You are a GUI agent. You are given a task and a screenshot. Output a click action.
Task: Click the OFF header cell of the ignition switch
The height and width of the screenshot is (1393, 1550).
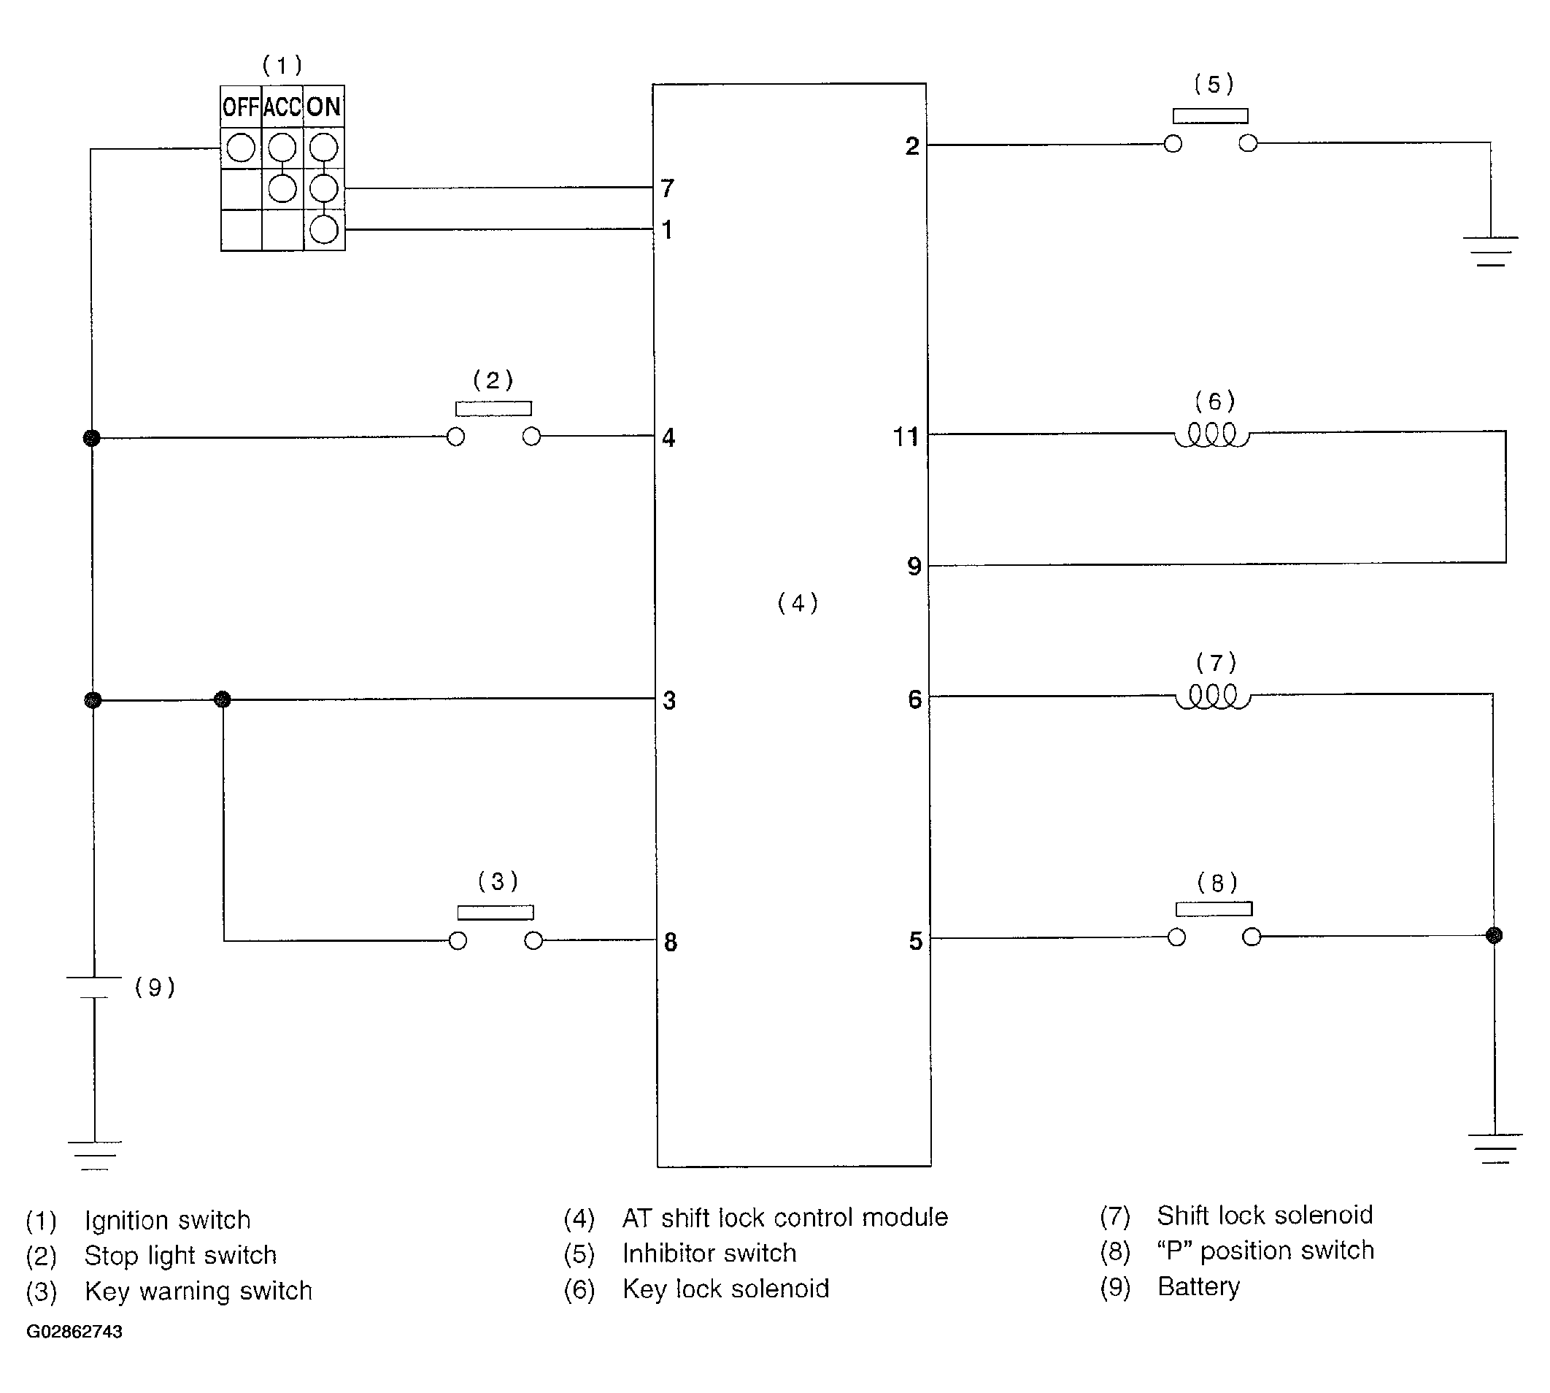pos(240,107)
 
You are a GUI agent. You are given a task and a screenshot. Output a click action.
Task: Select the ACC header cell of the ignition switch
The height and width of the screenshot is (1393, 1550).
pos(282,107)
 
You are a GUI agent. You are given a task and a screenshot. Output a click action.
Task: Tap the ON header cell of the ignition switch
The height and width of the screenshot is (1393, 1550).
pos(323,107)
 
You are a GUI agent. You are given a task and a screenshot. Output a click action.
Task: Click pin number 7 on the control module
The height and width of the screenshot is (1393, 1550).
pos(667,188)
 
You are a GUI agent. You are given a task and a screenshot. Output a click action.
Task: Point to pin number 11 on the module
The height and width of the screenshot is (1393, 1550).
pos(906,437)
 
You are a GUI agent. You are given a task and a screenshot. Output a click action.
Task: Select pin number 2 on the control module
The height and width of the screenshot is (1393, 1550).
pos(912,145)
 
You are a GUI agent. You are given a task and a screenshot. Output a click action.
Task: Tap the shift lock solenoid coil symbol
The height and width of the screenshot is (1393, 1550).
pos(1213,696)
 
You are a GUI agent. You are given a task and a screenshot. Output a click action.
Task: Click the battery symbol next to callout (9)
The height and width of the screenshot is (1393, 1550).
pos(94,986)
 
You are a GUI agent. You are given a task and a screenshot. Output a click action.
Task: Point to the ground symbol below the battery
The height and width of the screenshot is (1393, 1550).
pos(94,1155)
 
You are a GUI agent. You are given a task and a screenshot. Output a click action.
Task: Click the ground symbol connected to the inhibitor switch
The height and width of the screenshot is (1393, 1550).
pos(1490,251)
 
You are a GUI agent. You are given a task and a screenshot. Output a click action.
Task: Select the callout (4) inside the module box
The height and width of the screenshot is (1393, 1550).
pos(797,603)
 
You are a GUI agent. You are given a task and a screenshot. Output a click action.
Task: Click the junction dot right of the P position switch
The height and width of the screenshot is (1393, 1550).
pos(1493,935)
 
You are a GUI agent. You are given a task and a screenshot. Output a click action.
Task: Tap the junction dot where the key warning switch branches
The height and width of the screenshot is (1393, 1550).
pos(222,699)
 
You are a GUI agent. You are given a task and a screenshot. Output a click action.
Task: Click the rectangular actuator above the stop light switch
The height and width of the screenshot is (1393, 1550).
pos(493,409)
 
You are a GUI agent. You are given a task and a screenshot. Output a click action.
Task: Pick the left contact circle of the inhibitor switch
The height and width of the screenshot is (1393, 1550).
pos(1172,144)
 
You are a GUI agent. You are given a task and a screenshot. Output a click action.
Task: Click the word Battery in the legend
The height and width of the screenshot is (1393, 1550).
pos(1198,1286)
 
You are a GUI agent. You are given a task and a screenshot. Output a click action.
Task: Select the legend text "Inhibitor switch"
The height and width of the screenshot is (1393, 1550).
pos(709,1253)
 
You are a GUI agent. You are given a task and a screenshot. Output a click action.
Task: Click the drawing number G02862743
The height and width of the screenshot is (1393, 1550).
pos(74,1332)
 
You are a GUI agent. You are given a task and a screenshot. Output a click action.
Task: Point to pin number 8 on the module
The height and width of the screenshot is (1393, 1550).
pos(670,943)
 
